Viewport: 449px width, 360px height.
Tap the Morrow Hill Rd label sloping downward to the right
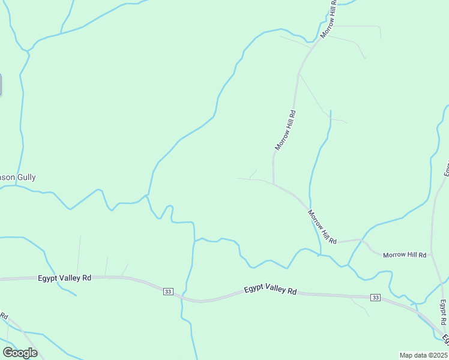[322, 227]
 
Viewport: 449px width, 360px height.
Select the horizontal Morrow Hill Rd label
[405, 255]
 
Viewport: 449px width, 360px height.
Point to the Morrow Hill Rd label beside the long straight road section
[285, 130]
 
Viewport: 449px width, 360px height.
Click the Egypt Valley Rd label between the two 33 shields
[271, 291]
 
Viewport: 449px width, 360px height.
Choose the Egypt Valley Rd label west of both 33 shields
[64, 278]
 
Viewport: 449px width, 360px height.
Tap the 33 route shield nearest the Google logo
[167, 292]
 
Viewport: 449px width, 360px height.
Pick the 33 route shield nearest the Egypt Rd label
[375, 298]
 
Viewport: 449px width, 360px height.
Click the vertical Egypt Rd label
[443, 313]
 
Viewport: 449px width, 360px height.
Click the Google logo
[20, 353]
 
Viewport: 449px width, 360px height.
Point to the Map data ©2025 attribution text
[423, 355]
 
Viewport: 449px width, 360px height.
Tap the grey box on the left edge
[1, 84]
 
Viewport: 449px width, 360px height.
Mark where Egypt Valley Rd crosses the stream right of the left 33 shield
[182, 298]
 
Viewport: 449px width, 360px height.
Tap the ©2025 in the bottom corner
[436, 355]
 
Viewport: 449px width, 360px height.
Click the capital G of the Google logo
[8, 353]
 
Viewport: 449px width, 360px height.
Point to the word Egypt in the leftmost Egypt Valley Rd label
[49, 278]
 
